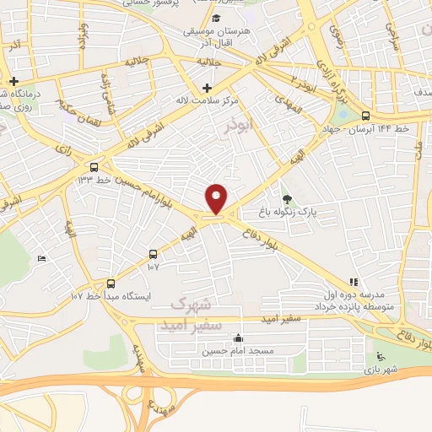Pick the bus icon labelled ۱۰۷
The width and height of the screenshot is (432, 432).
[x=153, y=253]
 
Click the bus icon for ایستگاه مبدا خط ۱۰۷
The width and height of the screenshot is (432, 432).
[x=111, y=283]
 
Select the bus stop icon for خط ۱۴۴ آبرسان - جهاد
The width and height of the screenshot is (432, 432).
[x=364, y=116]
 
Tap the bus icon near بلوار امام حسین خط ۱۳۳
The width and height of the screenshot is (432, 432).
[x=94, y=167]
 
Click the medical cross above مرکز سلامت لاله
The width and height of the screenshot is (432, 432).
[x=206, y=88]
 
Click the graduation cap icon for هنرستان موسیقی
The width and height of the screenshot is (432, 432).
[x=217, y=19]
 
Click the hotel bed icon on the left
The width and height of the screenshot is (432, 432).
[x=42, y=258]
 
